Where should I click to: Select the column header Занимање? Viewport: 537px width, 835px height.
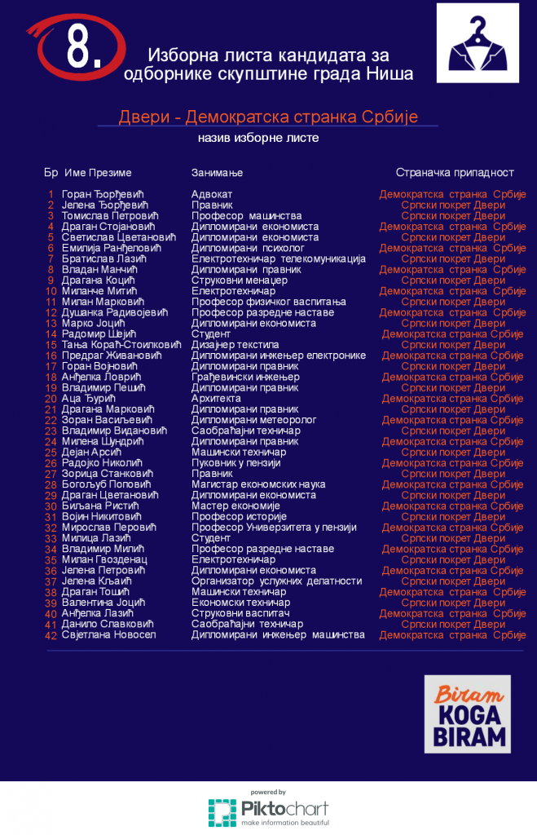[x=217, y=173]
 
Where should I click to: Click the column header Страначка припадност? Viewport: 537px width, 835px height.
[x=455, y=173]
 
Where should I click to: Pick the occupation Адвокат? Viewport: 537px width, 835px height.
[x=212, y=194]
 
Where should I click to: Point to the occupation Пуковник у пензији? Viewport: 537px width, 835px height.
[x=235, y=463]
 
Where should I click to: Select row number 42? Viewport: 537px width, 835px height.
[x=51, y=635]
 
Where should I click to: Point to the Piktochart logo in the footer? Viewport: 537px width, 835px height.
[x=268, y=810]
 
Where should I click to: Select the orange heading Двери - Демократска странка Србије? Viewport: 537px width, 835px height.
[x=268, y=117]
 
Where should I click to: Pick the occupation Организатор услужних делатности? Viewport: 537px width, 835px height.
[x=276, y=581]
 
